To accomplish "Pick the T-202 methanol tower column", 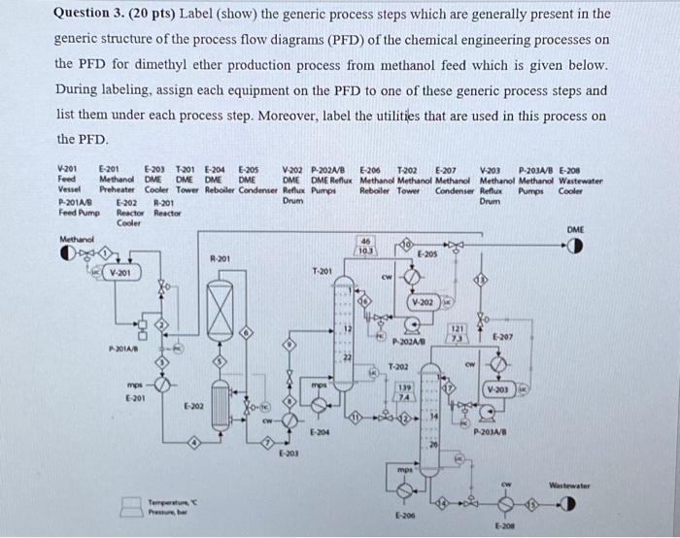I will coord(424,418).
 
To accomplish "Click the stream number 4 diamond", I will coord(195,443).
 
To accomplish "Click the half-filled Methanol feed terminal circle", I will coord(69,251).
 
